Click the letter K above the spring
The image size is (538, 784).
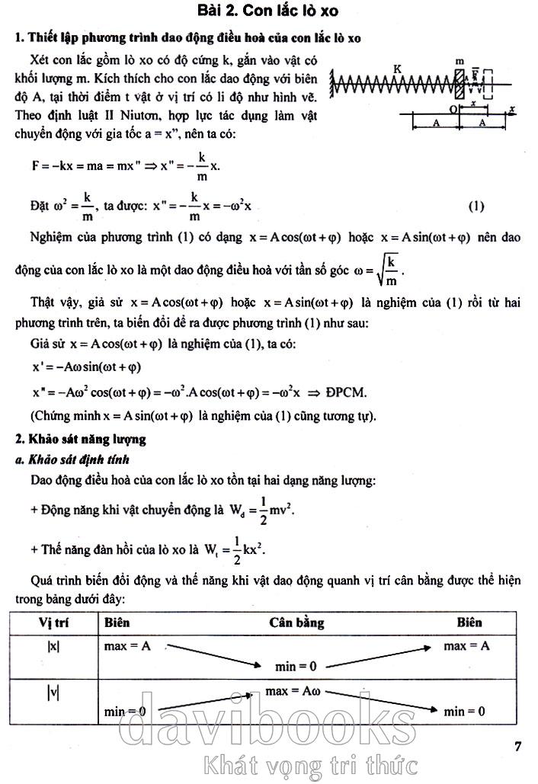tap(398, 69)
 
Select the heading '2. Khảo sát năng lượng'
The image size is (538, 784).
tap(80, 439)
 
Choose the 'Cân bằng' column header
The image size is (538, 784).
tap(296, 622)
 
